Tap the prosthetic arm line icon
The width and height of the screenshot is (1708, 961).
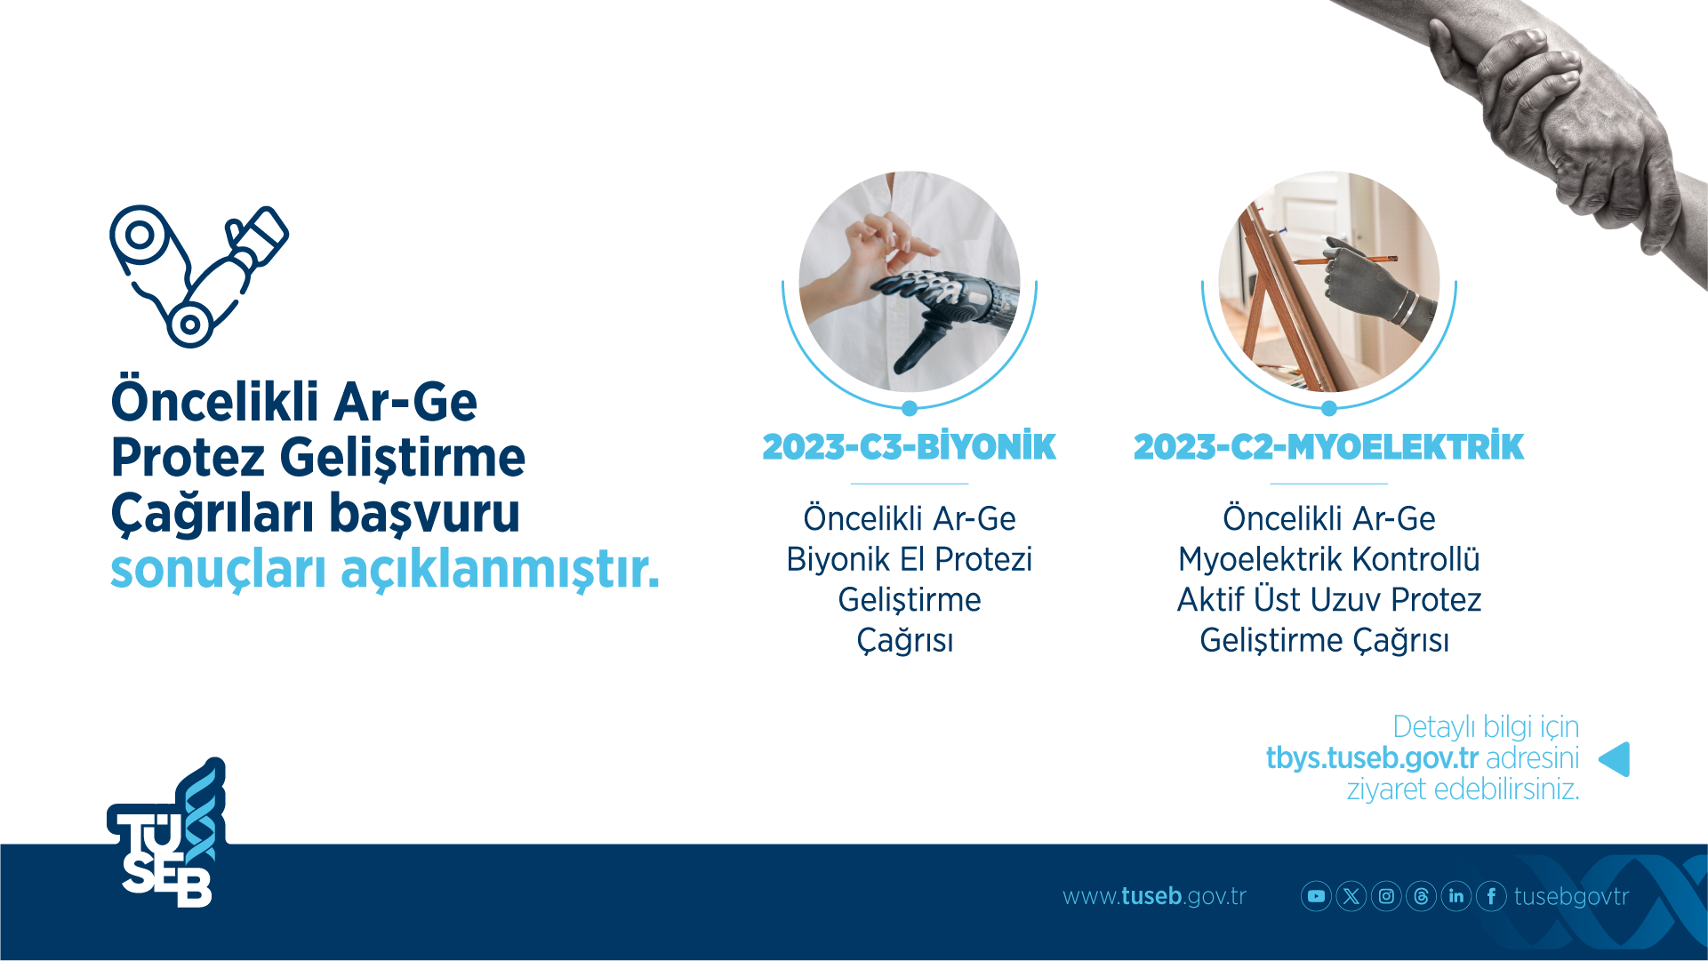pyautogui.click(x=198, y=276)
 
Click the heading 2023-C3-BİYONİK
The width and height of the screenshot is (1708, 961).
pyautogui.click(x=909, y=447)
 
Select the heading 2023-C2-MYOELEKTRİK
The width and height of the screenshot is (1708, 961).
pyautogui.click(x=1328, y=447)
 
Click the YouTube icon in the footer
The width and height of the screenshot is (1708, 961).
pyautogui.click(x=1316, y=896)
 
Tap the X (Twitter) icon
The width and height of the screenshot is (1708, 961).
pyautogui.click(x=1351, y=896)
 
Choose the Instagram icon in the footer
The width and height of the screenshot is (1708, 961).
pyautogui.click(x=1386, y=896)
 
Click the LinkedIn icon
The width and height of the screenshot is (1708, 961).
pyautogui.click(x=1456, y=896)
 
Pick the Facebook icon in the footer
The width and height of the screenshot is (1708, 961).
pyautogui.click(x=1491, y=896)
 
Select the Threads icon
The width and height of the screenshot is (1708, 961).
pyautogui.click(x=1421, y=896)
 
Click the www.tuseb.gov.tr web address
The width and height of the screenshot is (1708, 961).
pyautogui.click(x=1154, y=896)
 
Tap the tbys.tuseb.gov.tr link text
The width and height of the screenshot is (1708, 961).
pyautogui.click(x=1371, y=758)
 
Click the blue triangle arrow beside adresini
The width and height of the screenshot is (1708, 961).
pyautogui.click(x=1616, y=759)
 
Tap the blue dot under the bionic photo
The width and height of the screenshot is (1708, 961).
pyautogui.click(x=909, y=409)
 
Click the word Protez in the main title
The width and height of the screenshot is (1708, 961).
pyautogui.click(x=188, y=458)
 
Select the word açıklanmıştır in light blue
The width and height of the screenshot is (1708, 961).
pyautogui.click(x=500, y=570)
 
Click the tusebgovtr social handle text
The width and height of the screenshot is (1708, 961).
pyautogui.click(x=1571, y=896)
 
